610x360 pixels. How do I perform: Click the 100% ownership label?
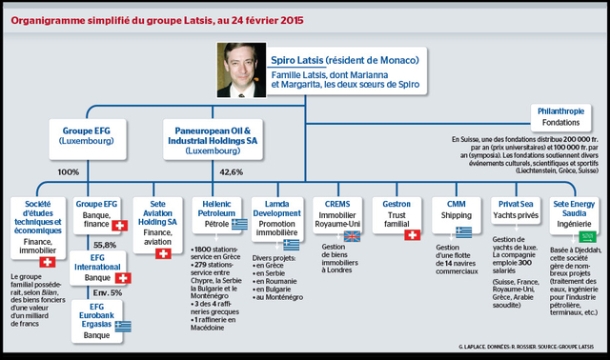point(68,172)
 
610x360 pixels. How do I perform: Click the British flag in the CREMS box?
point(352,236)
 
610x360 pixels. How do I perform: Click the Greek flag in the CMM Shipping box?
point(463,231)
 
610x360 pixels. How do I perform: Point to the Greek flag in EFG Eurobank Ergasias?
point(123,325)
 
